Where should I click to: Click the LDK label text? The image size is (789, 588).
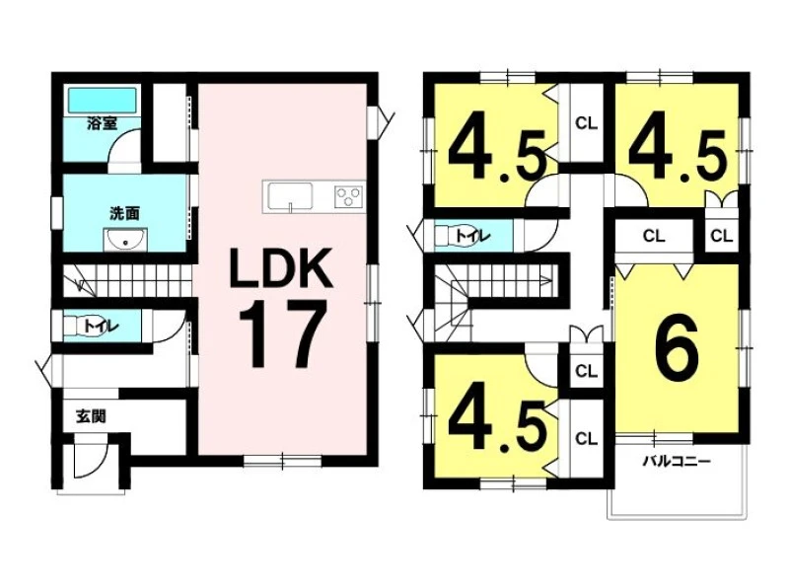click(281, 267)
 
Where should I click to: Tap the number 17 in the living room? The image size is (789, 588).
click(281, 334)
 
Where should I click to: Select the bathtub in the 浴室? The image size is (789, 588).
click(103, 101)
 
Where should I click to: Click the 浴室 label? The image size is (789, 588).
click(103, 124)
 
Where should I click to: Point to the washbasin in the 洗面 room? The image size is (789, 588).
click(125, 240)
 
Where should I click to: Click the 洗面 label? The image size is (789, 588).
click(124, 213)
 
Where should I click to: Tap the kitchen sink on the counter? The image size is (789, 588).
click(290, 195)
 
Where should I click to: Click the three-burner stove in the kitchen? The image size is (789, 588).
click(349, 195)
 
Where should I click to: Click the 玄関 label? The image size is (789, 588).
click(91, 416)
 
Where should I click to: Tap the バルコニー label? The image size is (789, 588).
click(677, 461)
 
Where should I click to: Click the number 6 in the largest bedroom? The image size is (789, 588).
click(677, 349)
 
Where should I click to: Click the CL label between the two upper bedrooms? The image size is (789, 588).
click(586, 123)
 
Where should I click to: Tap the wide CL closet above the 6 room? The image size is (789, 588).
click(654, 236)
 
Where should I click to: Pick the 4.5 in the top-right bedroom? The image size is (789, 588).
click(678, 155)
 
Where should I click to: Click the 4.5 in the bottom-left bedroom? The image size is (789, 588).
click(497, 424)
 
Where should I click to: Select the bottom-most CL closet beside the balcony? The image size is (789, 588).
click(586, 438)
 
